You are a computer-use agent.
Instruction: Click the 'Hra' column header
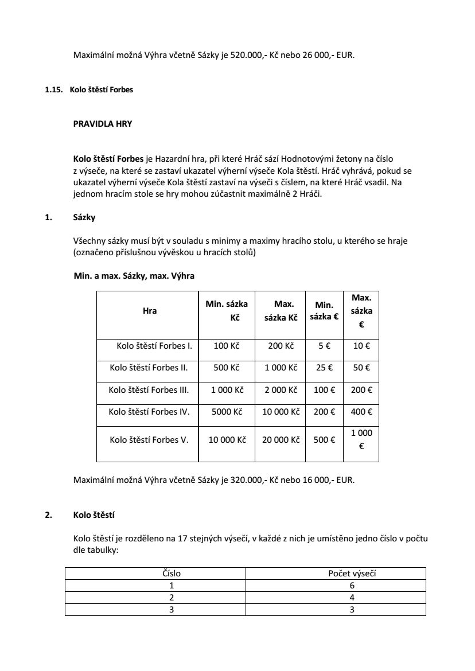(x=149, y=311)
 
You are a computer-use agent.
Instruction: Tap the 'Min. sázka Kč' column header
(x=227, y=311)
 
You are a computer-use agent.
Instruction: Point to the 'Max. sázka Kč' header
(x=281, y=311)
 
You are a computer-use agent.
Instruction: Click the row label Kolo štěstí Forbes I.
(x=154, y=346)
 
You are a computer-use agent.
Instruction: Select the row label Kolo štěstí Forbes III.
(x=149, y=390)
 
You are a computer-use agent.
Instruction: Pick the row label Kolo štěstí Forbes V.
(x=149, y=440)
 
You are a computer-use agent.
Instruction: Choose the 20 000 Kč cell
(x=281, y=440)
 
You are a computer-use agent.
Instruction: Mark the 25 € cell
(x=324, y=368)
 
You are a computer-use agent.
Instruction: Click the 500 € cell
(x=324, y=440)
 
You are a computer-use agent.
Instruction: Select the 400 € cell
(x=361, y=411)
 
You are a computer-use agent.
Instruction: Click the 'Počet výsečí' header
(x=336, y=573)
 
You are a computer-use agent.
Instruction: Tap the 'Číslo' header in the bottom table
(x=156, y=573)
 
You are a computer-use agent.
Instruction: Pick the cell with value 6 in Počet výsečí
(x=336, y=586)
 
